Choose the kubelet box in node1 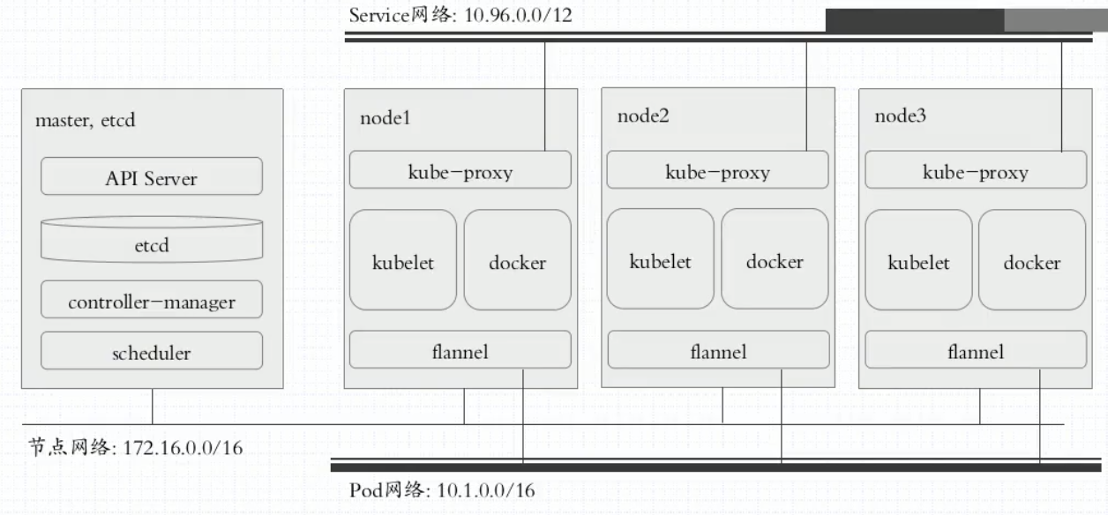403,260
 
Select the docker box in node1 518,260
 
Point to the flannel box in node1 460,350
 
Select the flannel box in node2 718,350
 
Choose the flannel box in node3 976,350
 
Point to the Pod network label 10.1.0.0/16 442,489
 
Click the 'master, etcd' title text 86,119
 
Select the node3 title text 901,116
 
